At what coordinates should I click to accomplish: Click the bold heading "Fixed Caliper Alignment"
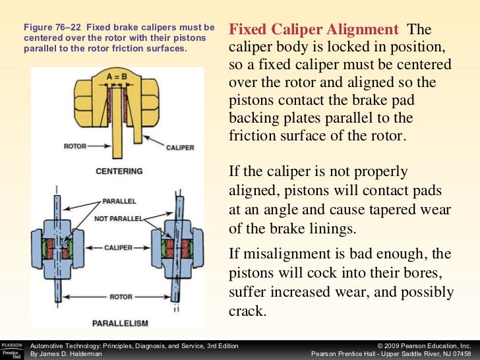[313, 30]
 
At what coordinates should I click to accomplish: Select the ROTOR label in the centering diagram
[75, 146]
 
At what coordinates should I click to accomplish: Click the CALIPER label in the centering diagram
[179, 147]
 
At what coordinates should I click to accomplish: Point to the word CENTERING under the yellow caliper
[120, 171]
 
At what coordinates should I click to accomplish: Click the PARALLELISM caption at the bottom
[119, 323]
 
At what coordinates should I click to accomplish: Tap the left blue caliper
[56, 247]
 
